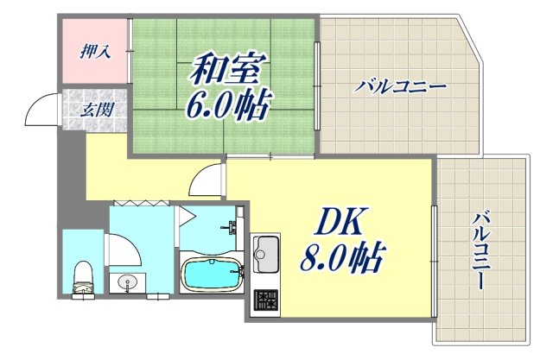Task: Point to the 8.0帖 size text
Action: [x=340, y=258]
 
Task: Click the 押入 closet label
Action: [x=94, y=52]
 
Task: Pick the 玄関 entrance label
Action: [x=94, y=110]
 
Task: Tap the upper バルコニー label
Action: [x=400, y=87]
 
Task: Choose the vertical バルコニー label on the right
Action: [x=480, y=250]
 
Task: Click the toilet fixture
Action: [x=83, y=275]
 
